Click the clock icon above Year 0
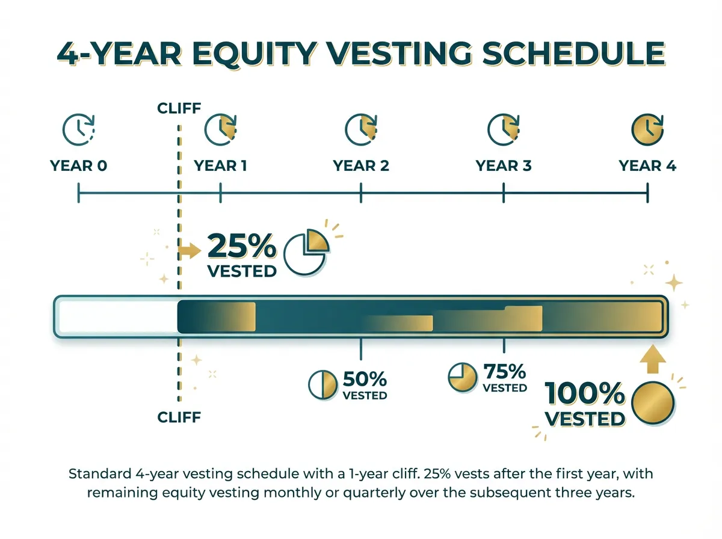click(x=79, y=129)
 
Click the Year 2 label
click(x=361, y=166)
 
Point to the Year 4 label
click(x=647, y=166)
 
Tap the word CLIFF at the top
click(x=179, y=109)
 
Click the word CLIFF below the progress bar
click(x=179, y=417)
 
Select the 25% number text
click(x=242, y=247)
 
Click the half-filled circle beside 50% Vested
click(x=323, y=386)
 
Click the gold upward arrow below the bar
click(x=650, y=362)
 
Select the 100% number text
click(x=585, y=395)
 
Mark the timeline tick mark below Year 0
click(x=79, y=193)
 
